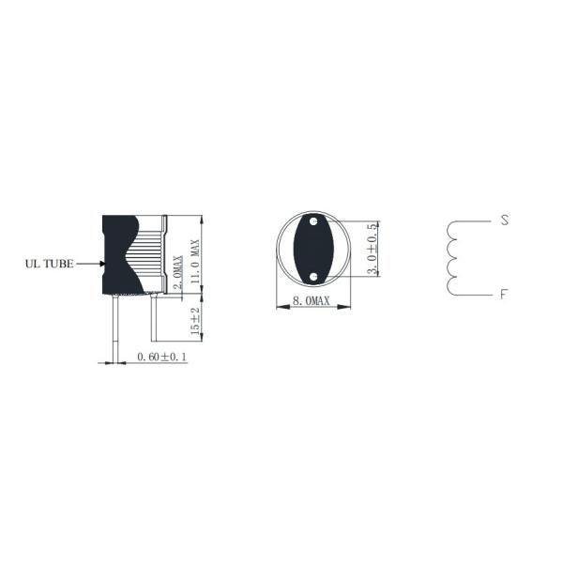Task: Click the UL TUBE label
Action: tap(50, 265)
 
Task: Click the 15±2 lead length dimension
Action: tap(196, 323)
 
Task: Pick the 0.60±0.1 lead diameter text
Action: tap(162, 357)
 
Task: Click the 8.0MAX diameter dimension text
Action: tap(313, 301)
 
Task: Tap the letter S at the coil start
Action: tap(504, 221)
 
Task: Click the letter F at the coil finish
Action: tap(504, 295)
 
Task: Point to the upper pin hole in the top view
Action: tap(313, 223)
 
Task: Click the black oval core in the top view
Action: tap(313, 250)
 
